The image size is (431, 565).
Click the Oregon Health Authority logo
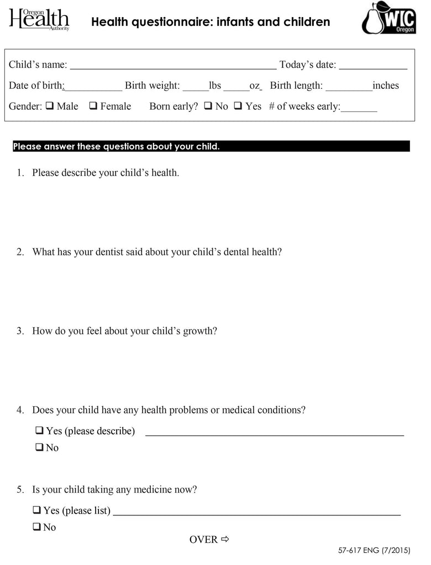pyautogui.click(x=39, y=20)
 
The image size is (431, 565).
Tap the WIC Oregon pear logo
pyautogui.click(x=388, y=19)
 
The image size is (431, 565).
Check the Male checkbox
pyautogui.click(x=49, y=106)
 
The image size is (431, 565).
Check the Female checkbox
pyautogui.click(x=93, y=106)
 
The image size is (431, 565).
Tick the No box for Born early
pyautogui.click(x=208, y=106)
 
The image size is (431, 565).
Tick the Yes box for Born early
pyautogui.click(x=238, y=106)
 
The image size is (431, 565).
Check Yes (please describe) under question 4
pyautogui.click(x=40, y=430)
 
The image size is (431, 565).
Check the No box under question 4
pyautogui.click(x=40, y=447)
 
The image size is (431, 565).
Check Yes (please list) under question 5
pyautogui.click(x=37, y=510)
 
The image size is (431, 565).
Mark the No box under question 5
pyautogui.click(x=37, y=527)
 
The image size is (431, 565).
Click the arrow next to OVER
pyautogui.click(x=225, y=539)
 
